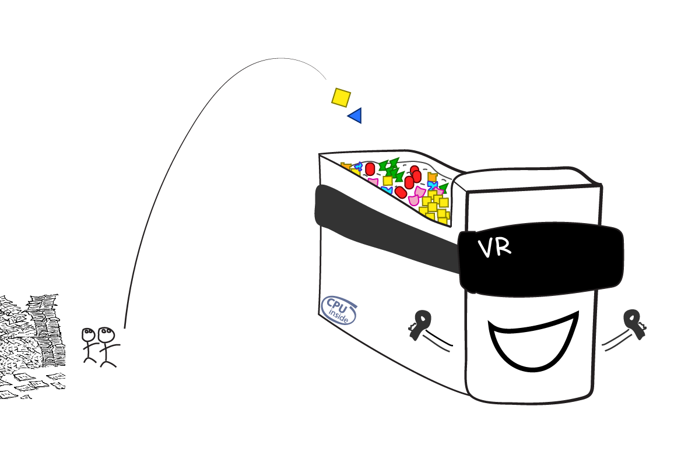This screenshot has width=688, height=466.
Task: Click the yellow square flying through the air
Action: tap(341, 97)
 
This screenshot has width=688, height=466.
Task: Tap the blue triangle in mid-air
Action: tap(356, 115)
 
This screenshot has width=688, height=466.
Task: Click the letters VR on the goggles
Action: tap(494, 248)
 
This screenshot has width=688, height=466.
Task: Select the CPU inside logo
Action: tap(339, 310)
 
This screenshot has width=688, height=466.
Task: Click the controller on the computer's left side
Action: tap(420, 324)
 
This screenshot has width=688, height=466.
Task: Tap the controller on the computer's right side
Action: tap(634, 323)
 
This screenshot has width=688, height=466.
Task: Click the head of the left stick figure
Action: tap(89, 335)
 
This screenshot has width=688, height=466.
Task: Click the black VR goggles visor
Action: tap(541, 260)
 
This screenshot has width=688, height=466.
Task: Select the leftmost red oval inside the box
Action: tap(370, 169)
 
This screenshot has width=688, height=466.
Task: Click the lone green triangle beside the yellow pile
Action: tap(444, 188)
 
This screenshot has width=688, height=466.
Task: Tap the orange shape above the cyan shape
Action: tap(433, 176)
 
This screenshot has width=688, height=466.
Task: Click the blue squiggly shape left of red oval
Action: tap(359, 167)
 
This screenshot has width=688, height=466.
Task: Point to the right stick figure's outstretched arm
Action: tap(113, 347)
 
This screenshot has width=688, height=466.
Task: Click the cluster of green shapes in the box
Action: tap(391, 169)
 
